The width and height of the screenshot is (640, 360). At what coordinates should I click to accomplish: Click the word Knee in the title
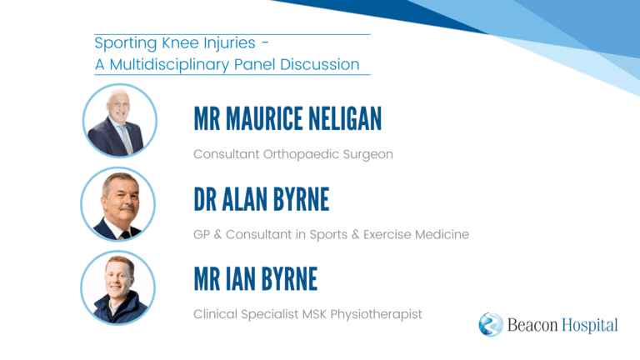coord(182,42)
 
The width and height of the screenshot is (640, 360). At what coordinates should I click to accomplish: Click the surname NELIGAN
coord(345,119)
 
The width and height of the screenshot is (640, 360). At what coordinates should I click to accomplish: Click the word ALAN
coord(244,199)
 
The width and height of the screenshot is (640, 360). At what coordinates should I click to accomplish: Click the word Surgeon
coord(367,155)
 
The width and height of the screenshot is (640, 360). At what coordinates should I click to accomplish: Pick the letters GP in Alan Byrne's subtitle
coord(202,235)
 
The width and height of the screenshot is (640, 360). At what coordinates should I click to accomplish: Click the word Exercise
coord(387,235)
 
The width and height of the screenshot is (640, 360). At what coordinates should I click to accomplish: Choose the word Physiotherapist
coord(376,315)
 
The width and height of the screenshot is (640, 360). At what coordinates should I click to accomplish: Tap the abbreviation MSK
coord(314,314)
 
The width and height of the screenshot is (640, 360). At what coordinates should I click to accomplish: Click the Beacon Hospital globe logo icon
coord(491,324)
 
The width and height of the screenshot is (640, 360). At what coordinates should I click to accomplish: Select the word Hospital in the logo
coord(590,325)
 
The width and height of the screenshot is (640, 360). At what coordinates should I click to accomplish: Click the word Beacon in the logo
coord(532,325)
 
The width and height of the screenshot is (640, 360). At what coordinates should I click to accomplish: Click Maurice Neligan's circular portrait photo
coord(120,121)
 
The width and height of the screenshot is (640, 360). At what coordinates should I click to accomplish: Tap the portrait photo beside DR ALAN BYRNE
coord(118,204)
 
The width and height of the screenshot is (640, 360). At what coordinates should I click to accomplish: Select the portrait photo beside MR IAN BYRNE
coord(118,287)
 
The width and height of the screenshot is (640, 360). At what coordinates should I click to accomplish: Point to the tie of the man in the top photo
coord(126,139)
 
